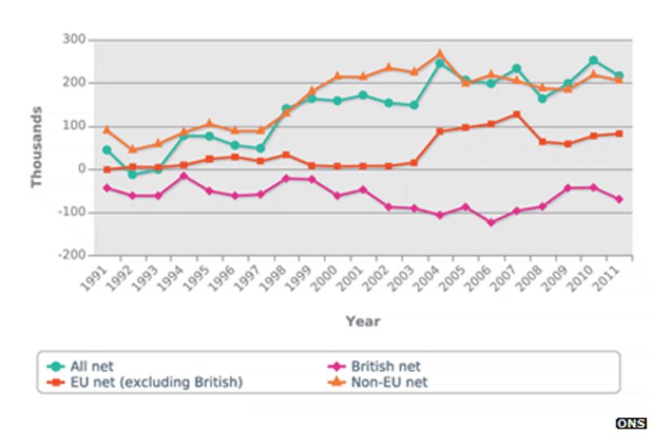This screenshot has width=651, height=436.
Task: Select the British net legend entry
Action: point(382,367)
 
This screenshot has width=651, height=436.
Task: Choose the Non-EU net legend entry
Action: point(387,381)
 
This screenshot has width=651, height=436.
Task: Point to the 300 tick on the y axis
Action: point(74,40)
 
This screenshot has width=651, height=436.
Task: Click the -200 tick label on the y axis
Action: point(72,255)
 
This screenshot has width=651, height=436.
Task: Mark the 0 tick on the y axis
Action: point(81,169)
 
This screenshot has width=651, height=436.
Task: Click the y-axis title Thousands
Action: point(37,147)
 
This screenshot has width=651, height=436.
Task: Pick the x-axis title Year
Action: point(362,321)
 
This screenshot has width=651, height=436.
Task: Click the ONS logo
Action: point(631,423)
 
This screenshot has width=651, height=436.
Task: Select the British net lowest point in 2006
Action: point(491,222)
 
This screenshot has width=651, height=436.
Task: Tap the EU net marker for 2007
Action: point(516,115)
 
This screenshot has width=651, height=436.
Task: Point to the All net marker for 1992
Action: point(132,174)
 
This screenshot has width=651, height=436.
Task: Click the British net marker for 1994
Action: point(184,176)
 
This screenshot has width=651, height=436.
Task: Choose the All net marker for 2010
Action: point(593,60)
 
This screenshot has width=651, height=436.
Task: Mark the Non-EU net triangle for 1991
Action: point(107,129)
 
